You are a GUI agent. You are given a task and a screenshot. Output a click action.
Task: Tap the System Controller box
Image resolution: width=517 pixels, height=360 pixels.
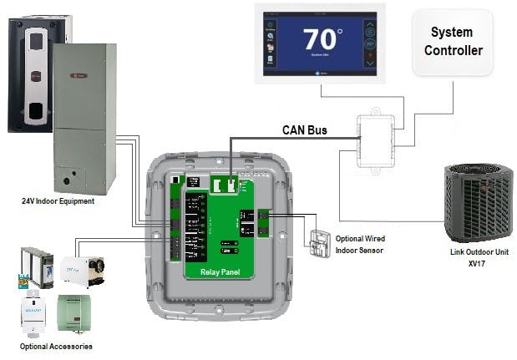point(456,41)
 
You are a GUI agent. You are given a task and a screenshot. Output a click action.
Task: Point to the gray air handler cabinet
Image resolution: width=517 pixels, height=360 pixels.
point(84,117)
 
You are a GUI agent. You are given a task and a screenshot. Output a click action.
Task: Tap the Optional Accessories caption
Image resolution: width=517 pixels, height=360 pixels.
point(57,346)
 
